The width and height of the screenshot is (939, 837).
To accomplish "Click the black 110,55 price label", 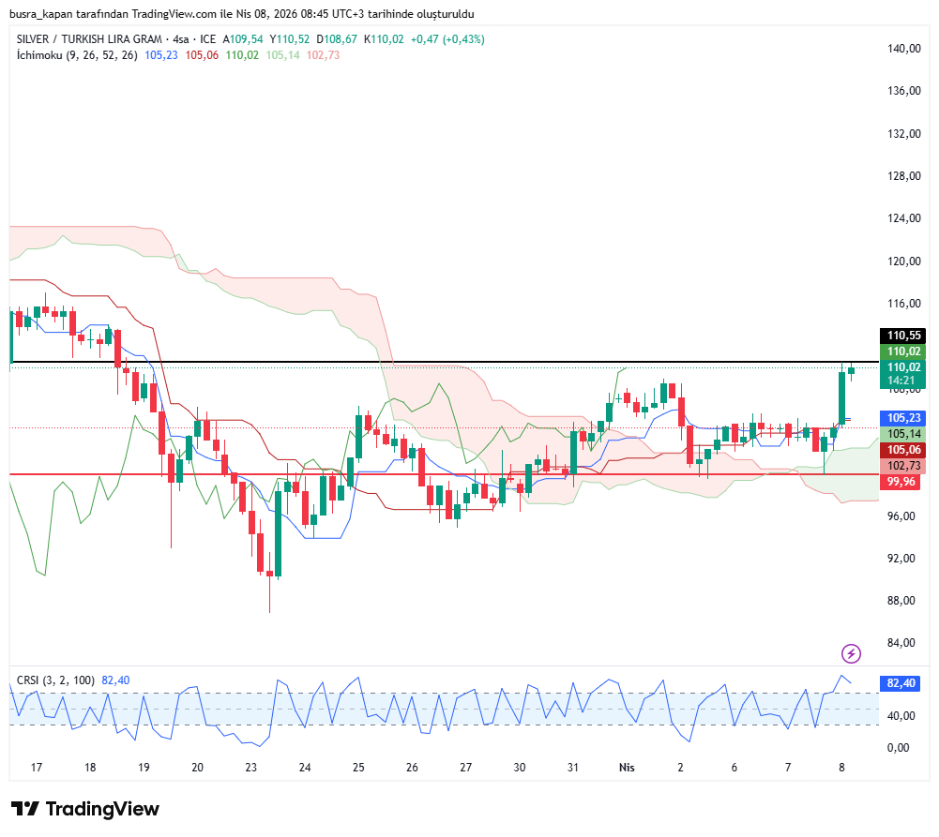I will [904, 336].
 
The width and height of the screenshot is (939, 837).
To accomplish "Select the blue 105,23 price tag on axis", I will [904, 418].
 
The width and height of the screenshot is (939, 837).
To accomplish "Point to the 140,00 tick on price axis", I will [904, 49].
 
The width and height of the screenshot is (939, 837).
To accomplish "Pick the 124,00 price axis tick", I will [904, 218].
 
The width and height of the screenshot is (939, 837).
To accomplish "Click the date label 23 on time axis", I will [251, 768].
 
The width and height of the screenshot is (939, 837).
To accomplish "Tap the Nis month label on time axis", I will [627, 768].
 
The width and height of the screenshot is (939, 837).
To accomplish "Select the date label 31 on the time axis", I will [573, 768].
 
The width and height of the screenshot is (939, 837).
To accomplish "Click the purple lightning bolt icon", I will [851, 653].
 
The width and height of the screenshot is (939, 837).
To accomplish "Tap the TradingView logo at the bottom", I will [85, 809].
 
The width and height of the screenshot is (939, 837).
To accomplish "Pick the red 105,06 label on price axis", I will [904, 450].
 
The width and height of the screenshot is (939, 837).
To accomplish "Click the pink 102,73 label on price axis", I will [904, 466].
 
